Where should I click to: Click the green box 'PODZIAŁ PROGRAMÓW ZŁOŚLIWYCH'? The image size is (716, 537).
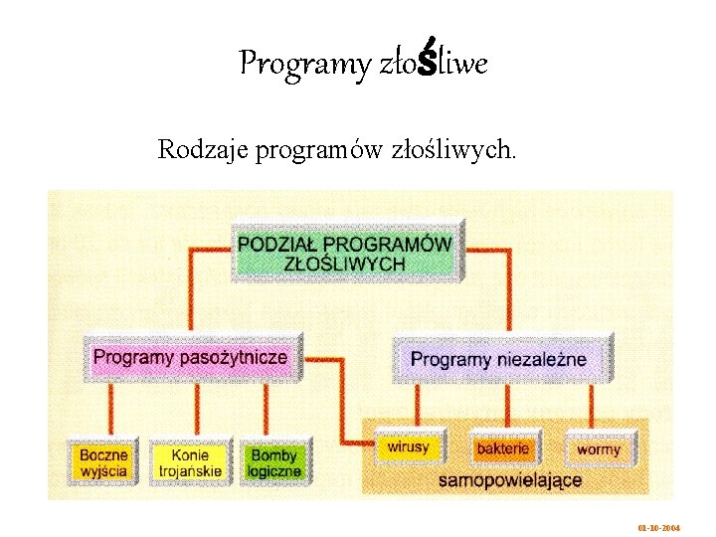[344, 253]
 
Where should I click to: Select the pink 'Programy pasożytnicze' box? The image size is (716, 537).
[190, 357]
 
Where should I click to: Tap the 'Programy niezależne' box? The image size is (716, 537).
[498, 359]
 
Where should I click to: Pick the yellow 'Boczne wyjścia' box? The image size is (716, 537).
[104, 462]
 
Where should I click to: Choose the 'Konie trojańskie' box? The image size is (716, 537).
[190, 462]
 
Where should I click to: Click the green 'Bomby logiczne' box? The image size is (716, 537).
[273, 462]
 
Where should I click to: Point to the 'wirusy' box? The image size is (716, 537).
[408, 447]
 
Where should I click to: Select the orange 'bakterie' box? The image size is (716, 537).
[503, 448]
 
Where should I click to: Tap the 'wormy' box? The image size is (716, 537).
[598, 448]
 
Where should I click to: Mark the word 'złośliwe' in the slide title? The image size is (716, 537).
[434, 65]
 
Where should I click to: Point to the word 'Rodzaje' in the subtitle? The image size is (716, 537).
[203, 150]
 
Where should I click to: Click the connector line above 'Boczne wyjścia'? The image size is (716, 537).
[110, 410]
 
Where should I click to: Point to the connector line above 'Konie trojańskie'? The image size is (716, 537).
[189, 410]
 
